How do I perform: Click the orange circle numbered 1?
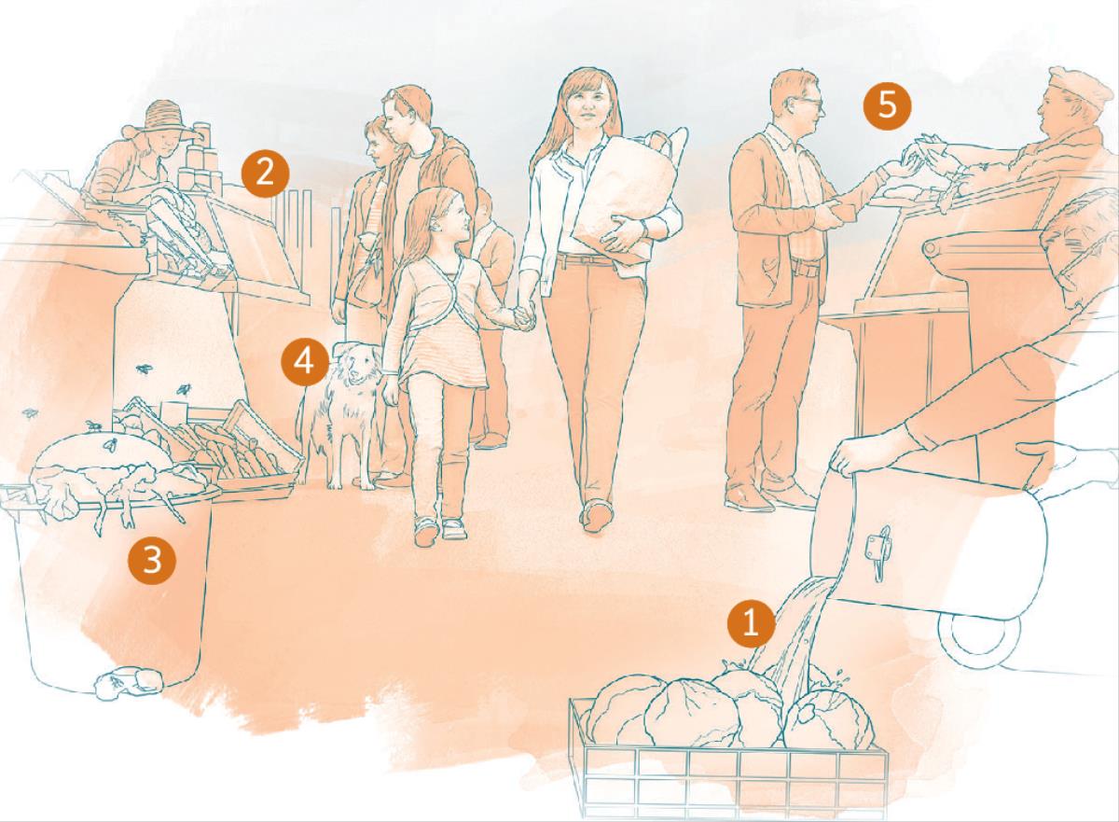click(x=751, y=623)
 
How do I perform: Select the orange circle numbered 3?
click(x=152, y=560)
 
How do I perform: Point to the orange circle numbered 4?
click(x=305, y=362)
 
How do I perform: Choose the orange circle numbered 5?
click(x=887, y=106)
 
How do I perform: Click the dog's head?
click(x=354, y=362)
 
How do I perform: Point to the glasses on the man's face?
click(x=808, y=103)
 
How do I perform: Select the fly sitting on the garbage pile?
click(x=111, y=444)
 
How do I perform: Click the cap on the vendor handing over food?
click(x=1074, y=90)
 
